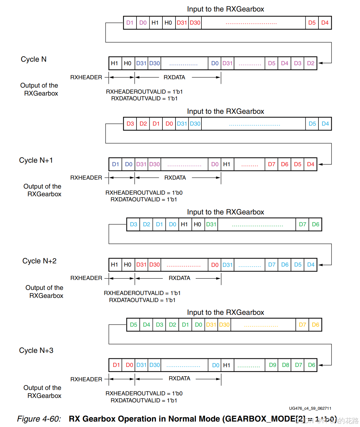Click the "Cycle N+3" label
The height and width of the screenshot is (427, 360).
pos(36,350)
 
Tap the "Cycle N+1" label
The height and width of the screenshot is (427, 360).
pos(36,160)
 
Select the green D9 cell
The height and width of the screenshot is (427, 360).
pos(272,365)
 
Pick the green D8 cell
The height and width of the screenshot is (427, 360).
pos(286,365)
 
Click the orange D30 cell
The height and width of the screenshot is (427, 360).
pos(224,325)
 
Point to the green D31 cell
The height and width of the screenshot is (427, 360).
pos(211,224)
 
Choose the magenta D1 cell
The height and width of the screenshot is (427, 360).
pos(130,23)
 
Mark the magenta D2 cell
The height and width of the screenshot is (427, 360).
pos(310,63)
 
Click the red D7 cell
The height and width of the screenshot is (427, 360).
pos(271,164)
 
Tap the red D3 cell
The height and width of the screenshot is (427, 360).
pos(130,124)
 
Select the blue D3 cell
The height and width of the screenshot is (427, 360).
pos(133,224)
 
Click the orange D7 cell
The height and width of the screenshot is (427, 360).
pos(302,325)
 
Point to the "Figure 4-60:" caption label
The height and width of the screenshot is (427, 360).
pos(39,419)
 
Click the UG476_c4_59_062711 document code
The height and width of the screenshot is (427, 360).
pos(310,408)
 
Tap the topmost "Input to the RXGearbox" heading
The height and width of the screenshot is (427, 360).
pos(225,9)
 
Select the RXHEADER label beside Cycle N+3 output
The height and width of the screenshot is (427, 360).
pos(86,379)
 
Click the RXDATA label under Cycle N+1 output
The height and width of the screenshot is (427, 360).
pos(175,178)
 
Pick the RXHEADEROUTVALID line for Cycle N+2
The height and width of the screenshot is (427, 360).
pos(142,293)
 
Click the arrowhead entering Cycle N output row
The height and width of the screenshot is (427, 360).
pos(320,63)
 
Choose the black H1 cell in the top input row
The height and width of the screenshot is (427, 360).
pos(155,23)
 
